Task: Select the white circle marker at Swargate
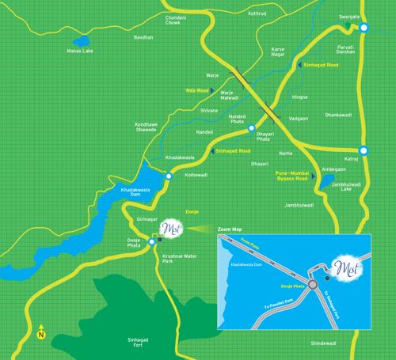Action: [364, 28]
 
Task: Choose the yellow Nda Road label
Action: [197, 90]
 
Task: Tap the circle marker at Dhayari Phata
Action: [251, 128]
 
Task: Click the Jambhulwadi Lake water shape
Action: [326, 184]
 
